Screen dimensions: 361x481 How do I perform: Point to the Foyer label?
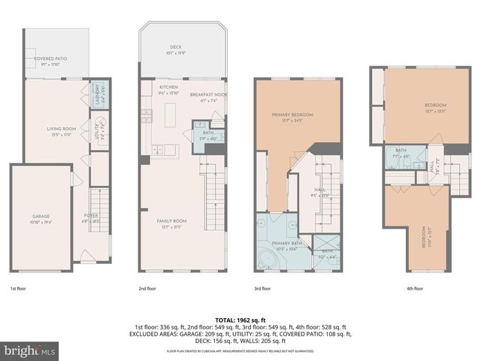pos(91,218)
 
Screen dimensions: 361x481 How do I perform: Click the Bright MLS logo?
pos(25,350)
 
